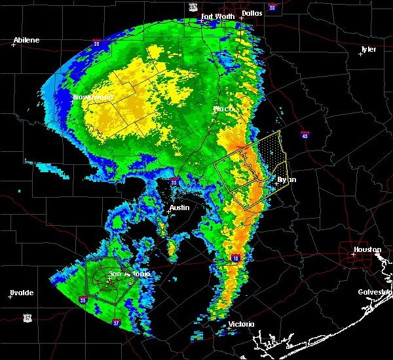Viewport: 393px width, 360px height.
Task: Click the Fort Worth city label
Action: [x=217, y=16]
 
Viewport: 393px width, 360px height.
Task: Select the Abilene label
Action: [x=26, y=40]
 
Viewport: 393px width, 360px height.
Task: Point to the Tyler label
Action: [x=369, y=49]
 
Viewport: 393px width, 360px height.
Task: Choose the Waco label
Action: [x=223, y=109]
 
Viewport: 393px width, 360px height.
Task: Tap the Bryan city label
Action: [x=286, y=179]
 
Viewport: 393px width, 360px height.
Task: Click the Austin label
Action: [x=179, y=207]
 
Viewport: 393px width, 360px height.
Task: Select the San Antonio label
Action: [x=129, y=274]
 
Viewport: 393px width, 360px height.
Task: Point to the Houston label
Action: [x=367, y=249]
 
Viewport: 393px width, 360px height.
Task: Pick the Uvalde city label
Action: [x=22, y=293]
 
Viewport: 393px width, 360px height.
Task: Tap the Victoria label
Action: [x=240, y=324]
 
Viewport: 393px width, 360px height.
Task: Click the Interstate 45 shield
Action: [x=305, y=135]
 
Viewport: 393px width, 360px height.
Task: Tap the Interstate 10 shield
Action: [x=234, y=259]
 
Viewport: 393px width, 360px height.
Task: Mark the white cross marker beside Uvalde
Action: [x=10, y=297]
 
